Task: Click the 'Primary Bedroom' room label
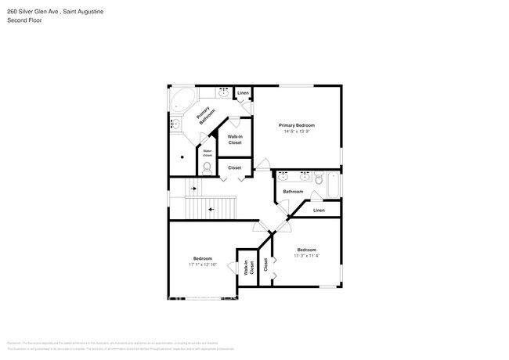tap(301, 124)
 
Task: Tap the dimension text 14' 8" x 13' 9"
tap(301, 131)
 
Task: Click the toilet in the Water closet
tap(208, 167)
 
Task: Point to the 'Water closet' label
tap(208, 153)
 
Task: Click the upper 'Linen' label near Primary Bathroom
tap(243, 93)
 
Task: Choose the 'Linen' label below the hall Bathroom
tap(319, 210)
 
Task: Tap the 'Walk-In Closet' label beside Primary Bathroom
tap(235, 139)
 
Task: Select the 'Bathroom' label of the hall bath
tap(293, 192)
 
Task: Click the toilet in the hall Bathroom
tap(319, 178)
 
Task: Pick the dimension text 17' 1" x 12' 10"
tap(202, 265)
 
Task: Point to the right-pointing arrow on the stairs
tap(193, 189)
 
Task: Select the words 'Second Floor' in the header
tap(24, 20)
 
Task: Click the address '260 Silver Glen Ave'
tap(38, 12)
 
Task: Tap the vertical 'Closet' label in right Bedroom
tap(265, 265)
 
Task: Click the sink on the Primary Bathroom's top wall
tap(222, 93)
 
